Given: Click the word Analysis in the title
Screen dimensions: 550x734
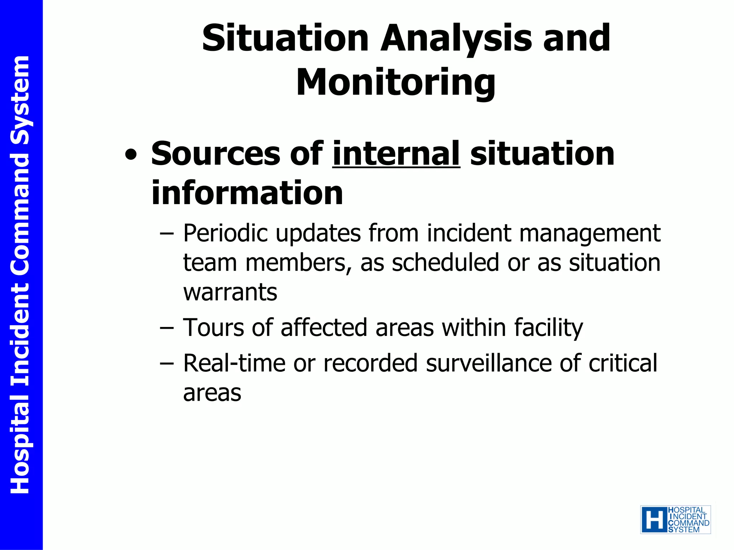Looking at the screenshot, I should click(456, 38).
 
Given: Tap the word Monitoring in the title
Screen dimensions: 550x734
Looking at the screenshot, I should click(396, 83).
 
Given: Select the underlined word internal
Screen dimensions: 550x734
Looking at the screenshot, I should click(396, 154).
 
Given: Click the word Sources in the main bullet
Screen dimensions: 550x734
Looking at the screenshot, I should click(215, 154).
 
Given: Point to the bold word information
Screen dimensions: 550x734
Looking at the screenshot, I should click(247, 193).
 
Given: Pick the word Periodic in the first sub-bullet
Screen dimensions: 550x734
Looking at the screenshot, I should click(225, 233).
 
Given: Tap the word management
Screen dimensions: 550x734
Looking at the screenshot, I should click(590, 233).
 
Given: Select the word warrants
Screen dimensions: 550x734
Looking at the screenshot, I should click(230, 292).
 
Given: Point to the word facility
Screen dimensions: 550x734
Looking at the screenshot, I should click(548, 328).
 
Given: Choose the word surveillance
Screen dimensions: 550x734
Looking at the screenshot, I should click(488, 363).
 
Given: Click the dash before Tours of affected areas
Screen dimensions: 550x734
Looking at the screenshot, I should click(167, 328).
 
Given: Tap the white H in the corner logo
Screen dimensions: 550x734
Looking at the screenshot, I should click(654, 520).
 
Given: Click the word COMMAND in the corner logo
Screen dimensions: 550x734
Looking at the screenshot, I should click(688, 523).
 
